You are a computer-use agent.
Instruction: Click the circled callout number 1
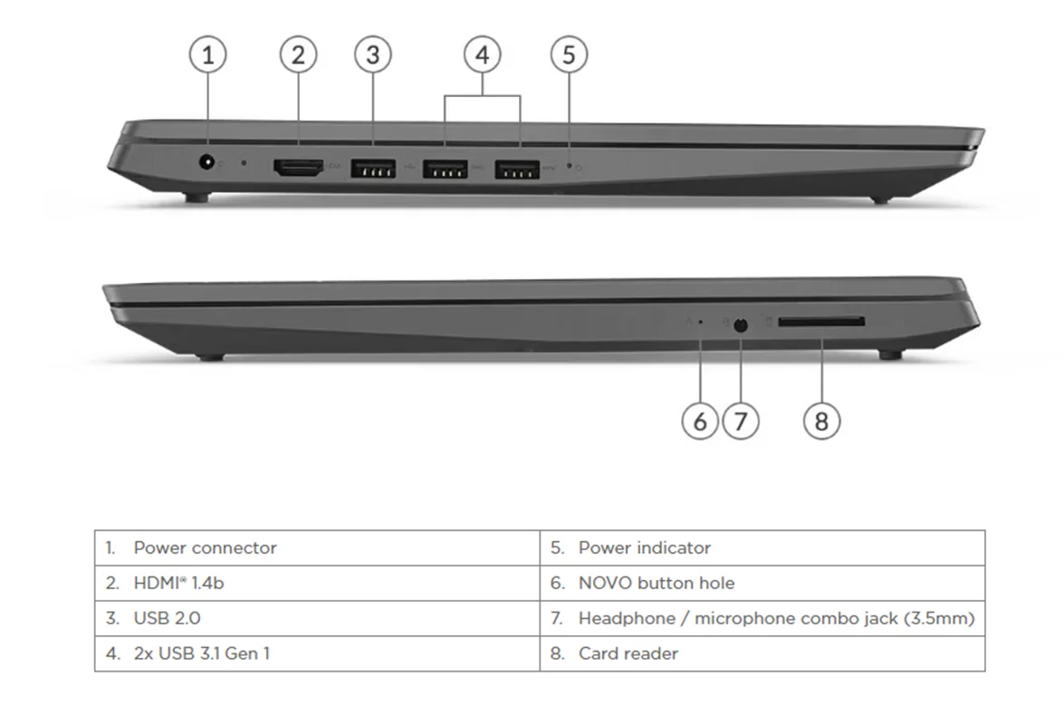click(x=208, y=55)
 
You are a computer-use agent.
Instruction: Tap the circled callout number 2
click(x=298, y=55)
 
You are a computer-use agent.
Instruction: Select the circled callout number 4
click(x=482, y=55)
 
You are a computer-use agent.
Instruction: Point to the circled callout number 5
click(x=569, y=55)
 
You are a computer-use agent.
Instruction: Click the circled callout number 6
click(x=700, y=421)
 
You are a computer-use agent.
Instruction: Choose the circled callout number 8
click(x=821, y=421)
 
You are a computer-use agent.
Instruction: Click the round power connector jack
click(x=207, y=163)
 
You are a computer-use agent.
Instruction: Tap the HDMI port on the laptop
click(x=298, y=167)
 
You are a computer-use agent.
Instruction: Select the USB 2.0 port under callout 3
click(x=372, y=168)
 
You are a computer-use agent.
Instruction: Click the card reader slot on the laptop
click(x=820, y=322)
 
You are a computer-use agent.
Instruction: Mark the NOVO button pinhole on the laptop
click(x=700, y=322)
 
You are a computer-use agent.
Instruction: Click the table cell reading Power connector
click(x=317, y=548)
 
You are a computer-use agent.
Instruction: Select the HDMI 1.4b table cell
click(x=317, y=584)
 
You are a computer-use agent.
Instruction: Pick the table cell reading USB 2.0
click(x=317, y=619)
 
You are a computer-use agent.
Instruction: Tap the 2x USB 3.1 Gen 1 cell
click(x=317, y=653)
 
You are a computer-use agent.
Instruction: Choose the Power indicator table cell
click(x=762, y=548)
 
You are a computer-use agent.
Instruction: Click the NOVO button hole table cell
click(x=762, y=584)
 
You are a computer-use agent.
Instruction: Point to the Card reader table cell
click(x=762, y=653)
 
